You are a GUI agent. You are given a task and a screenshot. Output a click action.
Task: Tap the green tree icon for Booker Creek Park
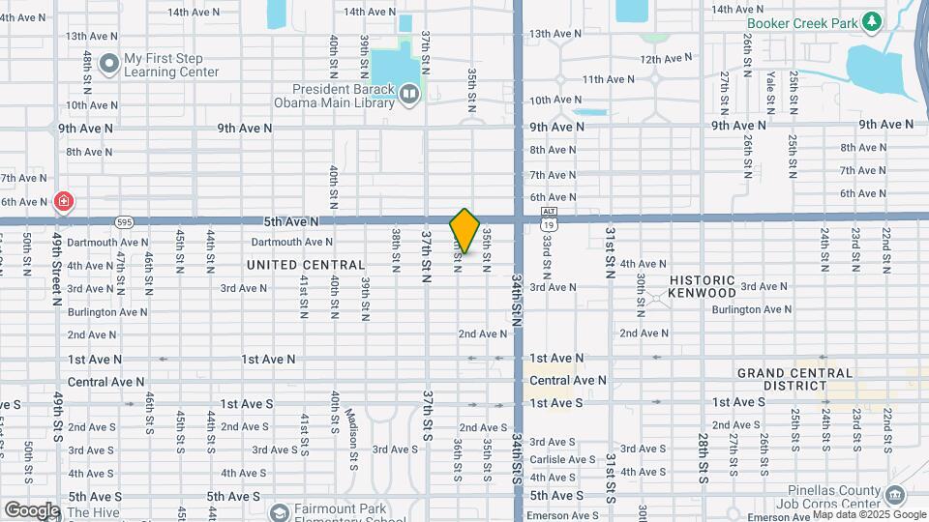point(872,20)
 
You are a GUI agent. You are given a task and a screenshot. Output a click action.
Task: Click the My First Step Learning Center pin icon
point(108,64)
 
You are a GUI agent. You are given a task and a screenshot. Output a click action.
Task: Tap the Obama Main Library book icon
point(409,94)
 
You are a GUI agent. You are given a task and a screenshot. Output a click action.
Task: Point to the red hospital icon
point(64,202)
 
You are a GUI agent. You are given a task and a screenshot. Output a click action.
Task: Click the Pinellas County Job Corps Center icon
point(895,496)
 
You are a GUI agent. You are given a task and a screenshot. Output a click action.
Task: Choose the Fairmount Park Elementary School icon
point(280,511)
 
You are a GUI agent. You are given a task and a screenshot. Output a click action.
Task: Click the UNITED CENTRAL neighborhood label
point(306,265)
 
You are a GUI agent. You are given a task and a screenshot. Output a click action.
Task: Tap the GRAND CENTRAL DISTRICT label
point(794,379)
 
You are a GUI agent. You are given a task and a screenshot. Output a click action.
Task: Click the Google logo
point(32,509)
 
